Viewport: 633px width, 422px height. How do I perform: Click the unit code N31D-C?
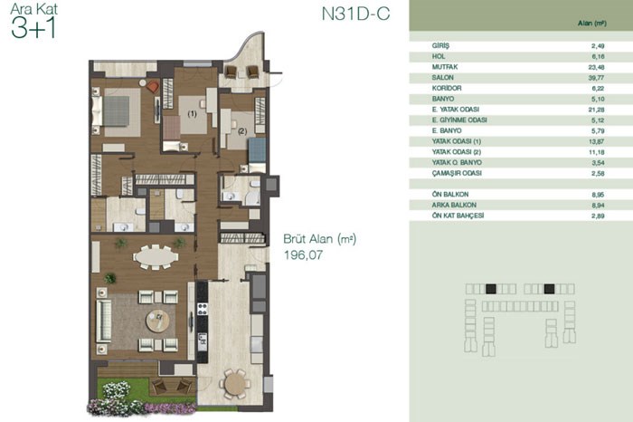(355, 14)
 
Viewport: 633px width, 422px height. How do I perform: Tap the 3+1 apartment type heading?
(33, 28)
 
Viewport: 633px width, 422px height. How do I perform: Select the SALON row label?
(443, 77)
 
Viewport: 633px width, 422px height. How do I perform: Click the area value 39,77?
(596, 78)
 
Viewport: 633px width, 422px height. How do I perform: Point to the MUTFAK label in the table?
(445, 67)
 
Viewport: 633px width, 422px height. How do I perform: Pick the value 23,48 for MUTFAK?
(596, 67)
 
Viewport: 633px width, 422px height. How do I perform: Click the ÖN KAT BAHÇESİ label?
(458, 216)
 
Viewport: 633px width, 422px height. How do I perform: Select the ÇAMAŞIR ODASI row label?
(457, 173)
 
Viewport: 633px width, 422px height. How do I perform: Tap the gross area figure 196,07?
(304, 255)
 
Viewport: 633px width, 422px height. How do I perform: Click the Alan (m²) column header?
(591, 24)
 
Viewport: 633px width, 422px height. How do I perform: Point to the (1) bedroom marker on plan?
(192, 114)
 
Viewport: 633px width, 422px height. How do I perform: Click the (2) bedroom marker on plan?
(242, 131)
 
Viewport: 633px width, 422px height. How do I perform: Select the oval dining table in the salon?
(156, 256)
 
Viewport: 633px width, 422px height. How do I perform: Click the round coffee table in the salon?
(158, 321)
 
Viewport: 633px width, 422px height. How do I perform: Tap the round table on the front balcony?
(235, 383)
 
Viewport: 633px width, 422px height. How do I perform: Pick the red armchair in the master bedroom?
(153, 87)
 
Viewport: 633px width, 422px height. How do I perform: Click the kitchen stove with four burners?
(202, 309)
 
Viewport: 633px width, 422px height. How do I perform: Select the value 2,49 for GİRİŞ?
(598, 46)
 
